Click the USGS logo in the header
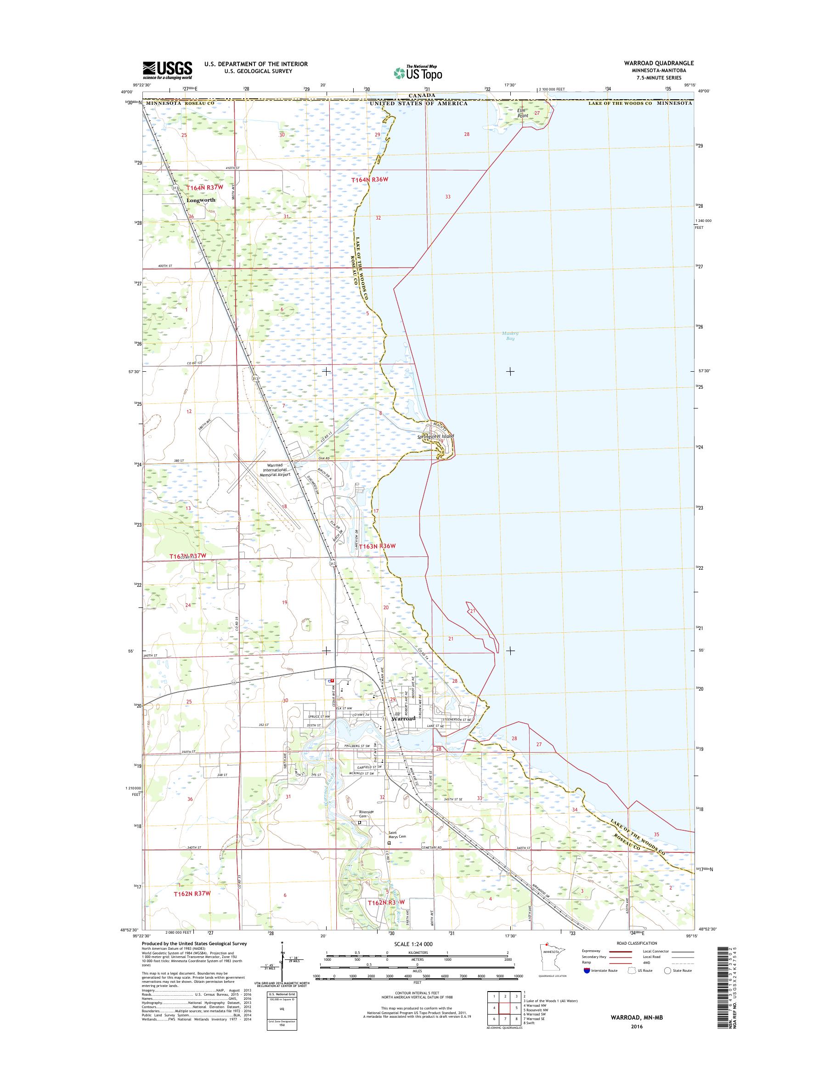tap(167, 70)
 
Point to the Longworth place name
tap(201, 200)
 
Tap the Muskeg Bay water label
tap(510, 335)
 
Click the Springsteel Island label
tap(435, 436)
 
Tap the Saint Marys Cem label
tap(396, 834)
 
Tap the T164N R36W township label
tap(370, 180)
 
